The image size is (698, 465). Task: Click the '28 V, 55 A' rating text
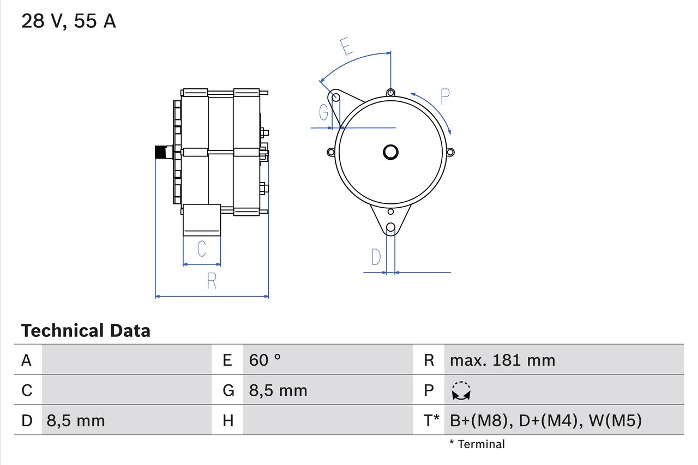click(68, 21)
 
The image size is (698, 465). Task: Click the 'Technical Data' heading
click(86, 330)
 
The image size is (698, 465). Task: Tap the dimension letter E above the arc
click(345, 47)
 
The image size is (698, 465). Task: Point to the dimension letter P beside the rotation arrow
click(445, 96)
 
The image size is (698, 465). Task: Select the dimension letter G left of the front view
click(324, 113)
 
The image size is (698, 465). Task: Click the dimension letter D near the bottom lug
click(376, 257)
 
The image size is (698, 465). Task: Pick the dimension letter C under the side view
click(201, 249)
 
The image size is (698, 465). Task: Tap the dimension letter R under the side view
click(212, 281)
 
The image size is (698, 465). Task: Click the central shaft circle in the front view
click(390, 152)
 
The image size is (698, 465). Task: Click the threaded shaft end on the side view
click(161, 152)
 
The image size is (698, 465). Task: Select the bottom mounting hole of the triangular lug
click(390, 228)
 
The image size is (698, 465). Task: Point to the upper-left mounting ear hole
click(336, 98)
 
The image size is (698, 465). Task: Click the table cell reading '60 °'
click(265, 360)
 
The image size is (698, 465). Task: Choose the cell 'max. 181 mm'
click(502, 360)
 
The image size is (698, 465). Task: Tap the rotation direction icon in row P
click(461, 390)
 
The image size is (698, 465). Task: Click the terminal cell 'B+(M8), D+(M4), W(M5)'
click(546, 420)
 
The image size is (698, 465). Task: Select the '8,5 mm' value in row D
click(76, 420)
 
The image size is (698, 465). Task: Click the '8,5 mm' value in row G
click(278, 390)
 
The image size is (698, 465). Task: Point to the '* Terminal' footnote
click(477, 444)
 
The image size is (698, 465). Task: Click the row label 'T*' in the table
click(431, 420)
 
